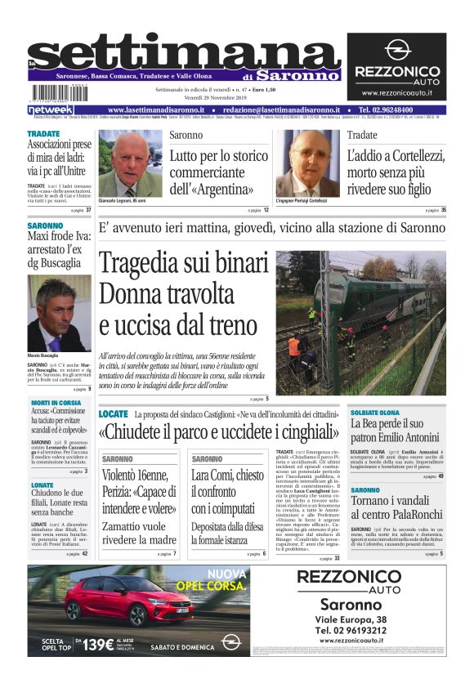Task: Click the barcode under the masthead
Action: tap(59, 92)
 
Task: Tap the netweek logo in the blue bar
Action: tap(51, 109)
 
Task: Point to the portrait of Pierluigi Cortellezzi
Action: tap(307, 163)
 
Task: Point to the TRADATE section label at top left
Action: tap(43, 134)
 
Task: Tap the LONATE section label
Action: tap(42, 485)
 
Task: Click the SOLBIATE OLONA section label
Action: tap(375, 413)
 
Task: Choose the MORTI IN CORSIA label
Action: tap(56, 403)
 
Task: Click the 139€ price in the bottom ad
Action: tap(98, 644)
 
